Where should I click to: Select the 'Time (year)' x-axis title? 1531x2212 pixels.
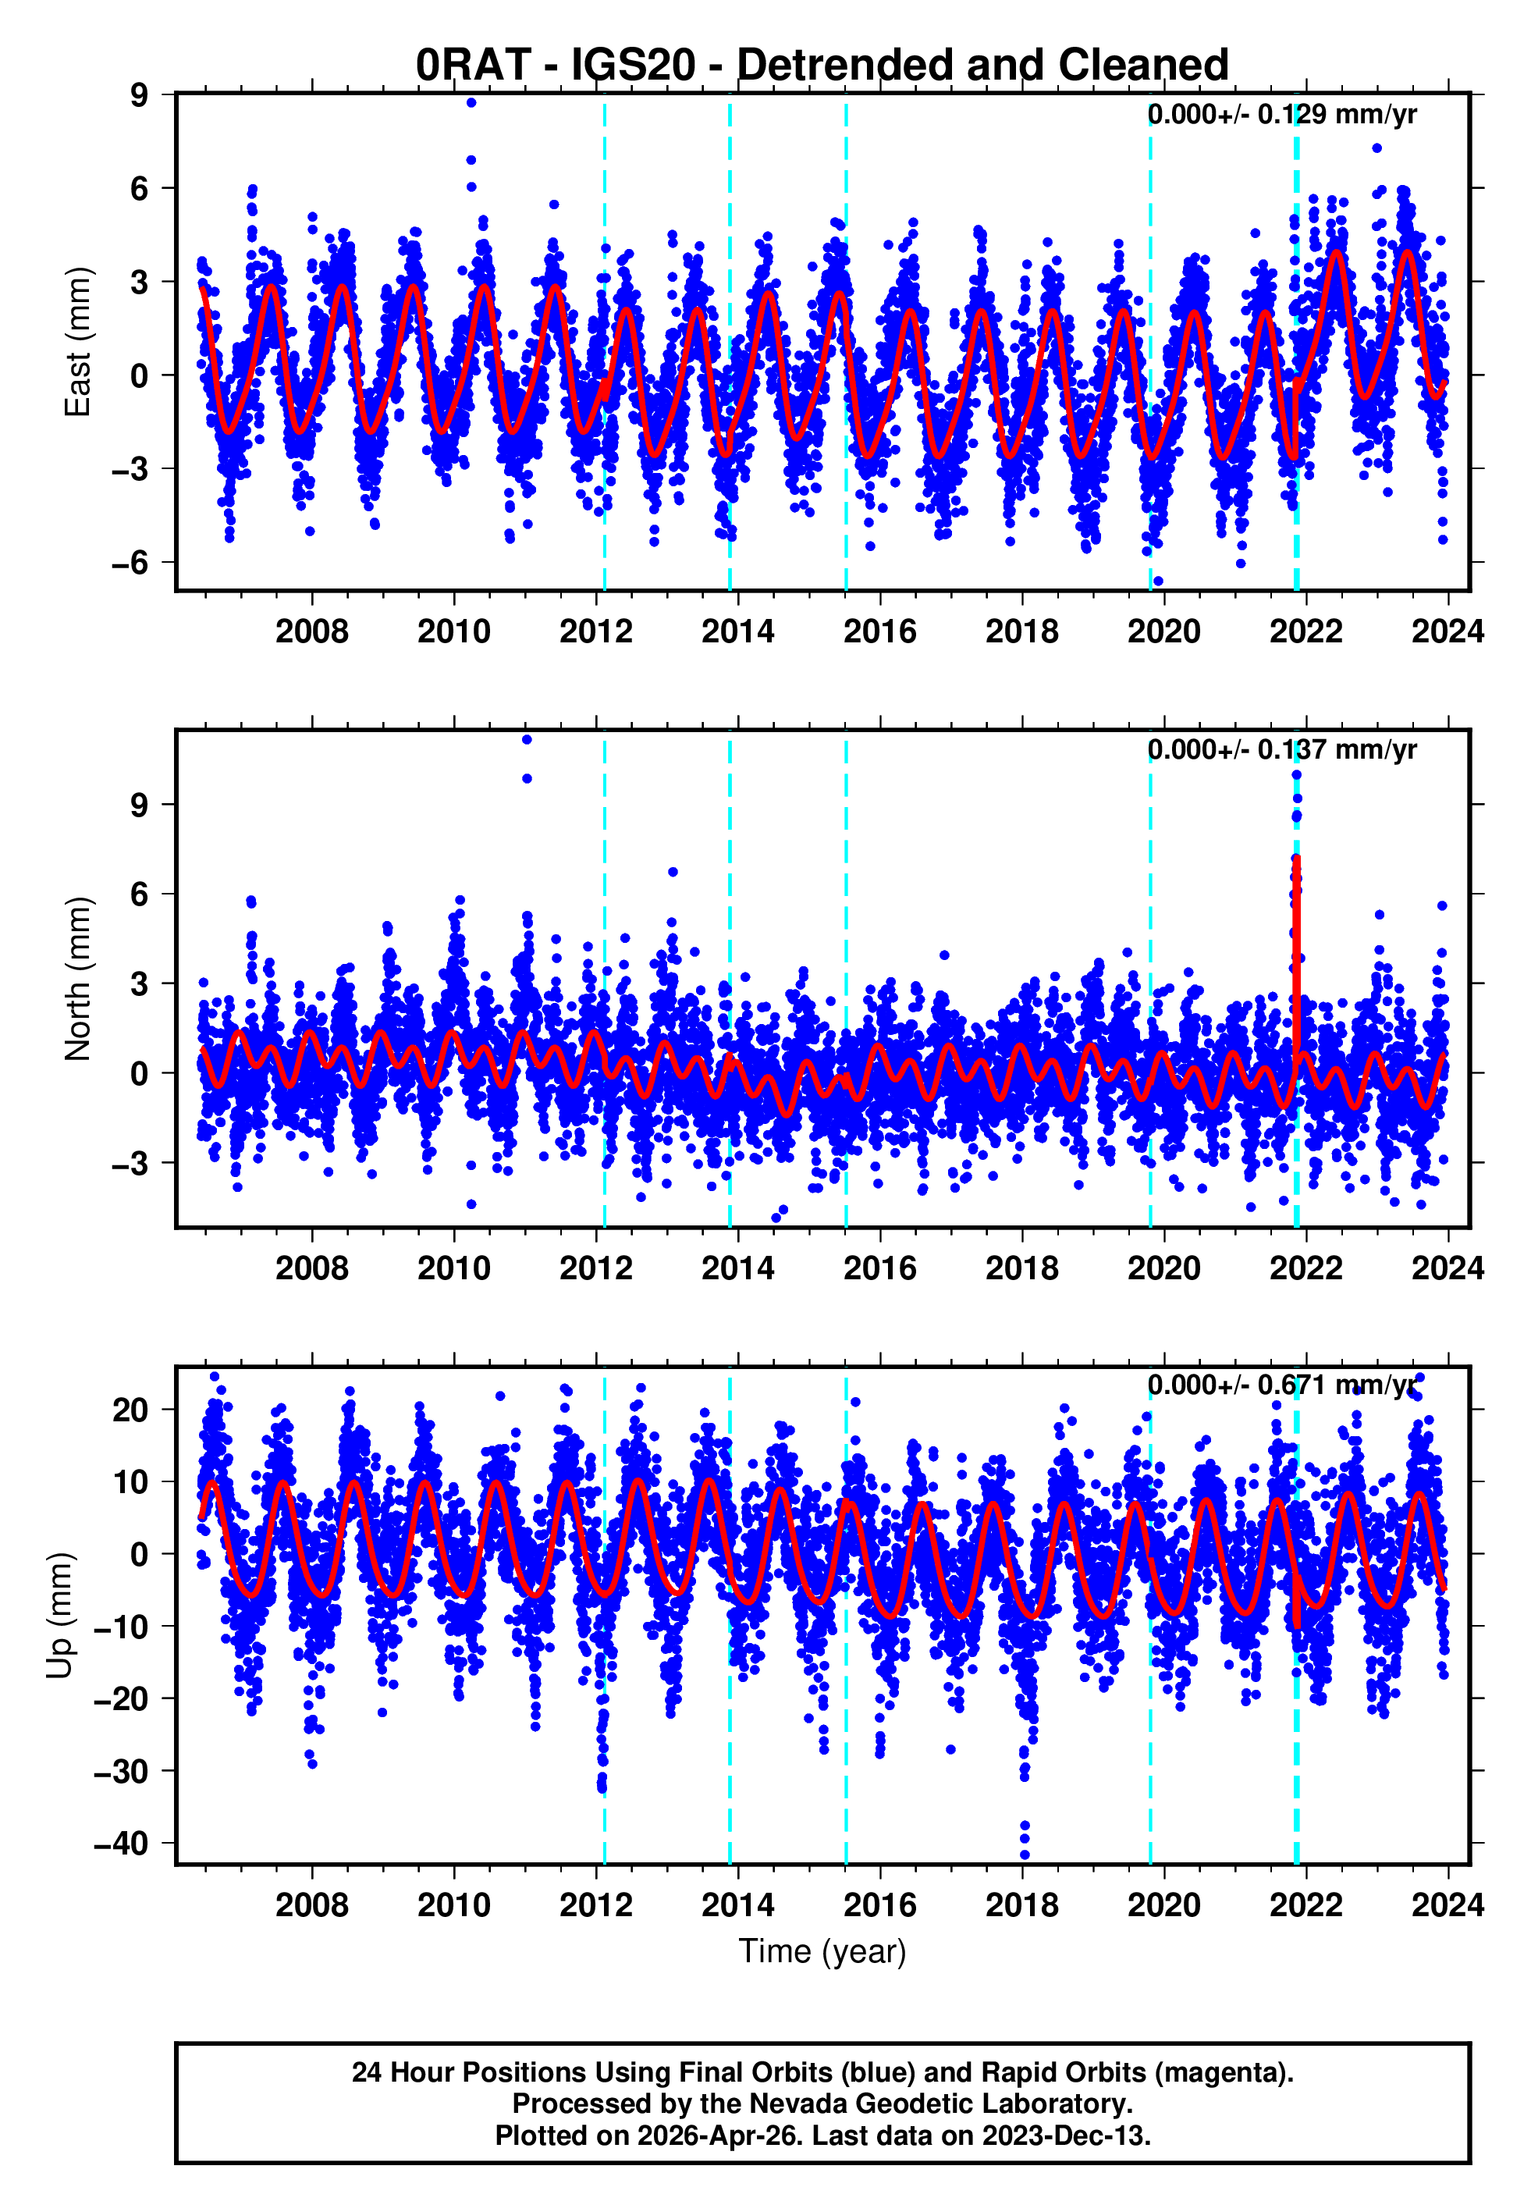tap(822, 1951)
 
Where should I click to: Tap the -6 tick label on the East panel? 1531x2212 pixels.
tap(130, 562)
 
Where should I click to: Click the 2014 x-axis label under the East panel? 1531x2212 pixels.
tap(737, 631)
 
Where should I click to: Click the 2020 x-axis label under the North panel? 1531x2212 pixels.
tap(1163, 1268)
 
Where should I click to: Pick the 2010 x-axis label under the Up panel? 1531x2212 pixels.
tap(453, 1904)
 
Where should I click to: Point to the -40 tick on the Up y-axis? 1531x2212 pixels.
tap(121, 1843)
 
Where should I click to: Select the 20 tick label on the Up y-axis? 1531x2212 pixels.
tap(130, 1410)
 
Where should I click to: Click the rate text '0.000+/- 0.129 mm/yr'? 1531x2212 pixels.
tap(1281, 114)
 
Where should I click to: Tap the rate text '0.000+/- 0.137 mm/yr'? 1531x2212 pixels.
tap(1281, 749)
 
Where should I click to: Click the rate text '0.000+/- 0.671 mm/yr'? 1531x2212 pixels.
tap(1281, 1385)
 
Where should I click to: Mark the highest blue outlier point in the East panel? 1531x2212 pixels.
tap(471, 102)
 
